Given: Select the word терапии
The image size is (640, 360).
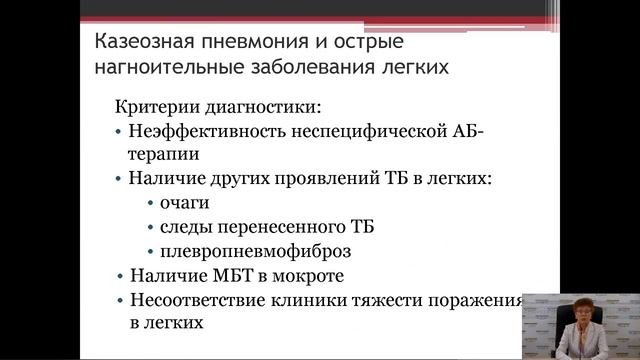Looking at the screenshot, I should pyautogui.click(x=164, y=154).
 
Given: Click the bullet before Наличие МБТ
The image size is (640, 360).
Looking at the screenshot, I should pyautogui.click(x=120, y=276).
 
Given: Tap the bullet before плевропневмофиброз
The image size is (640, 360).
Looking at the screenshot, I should pyautogui.click(x=150, y=252).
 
